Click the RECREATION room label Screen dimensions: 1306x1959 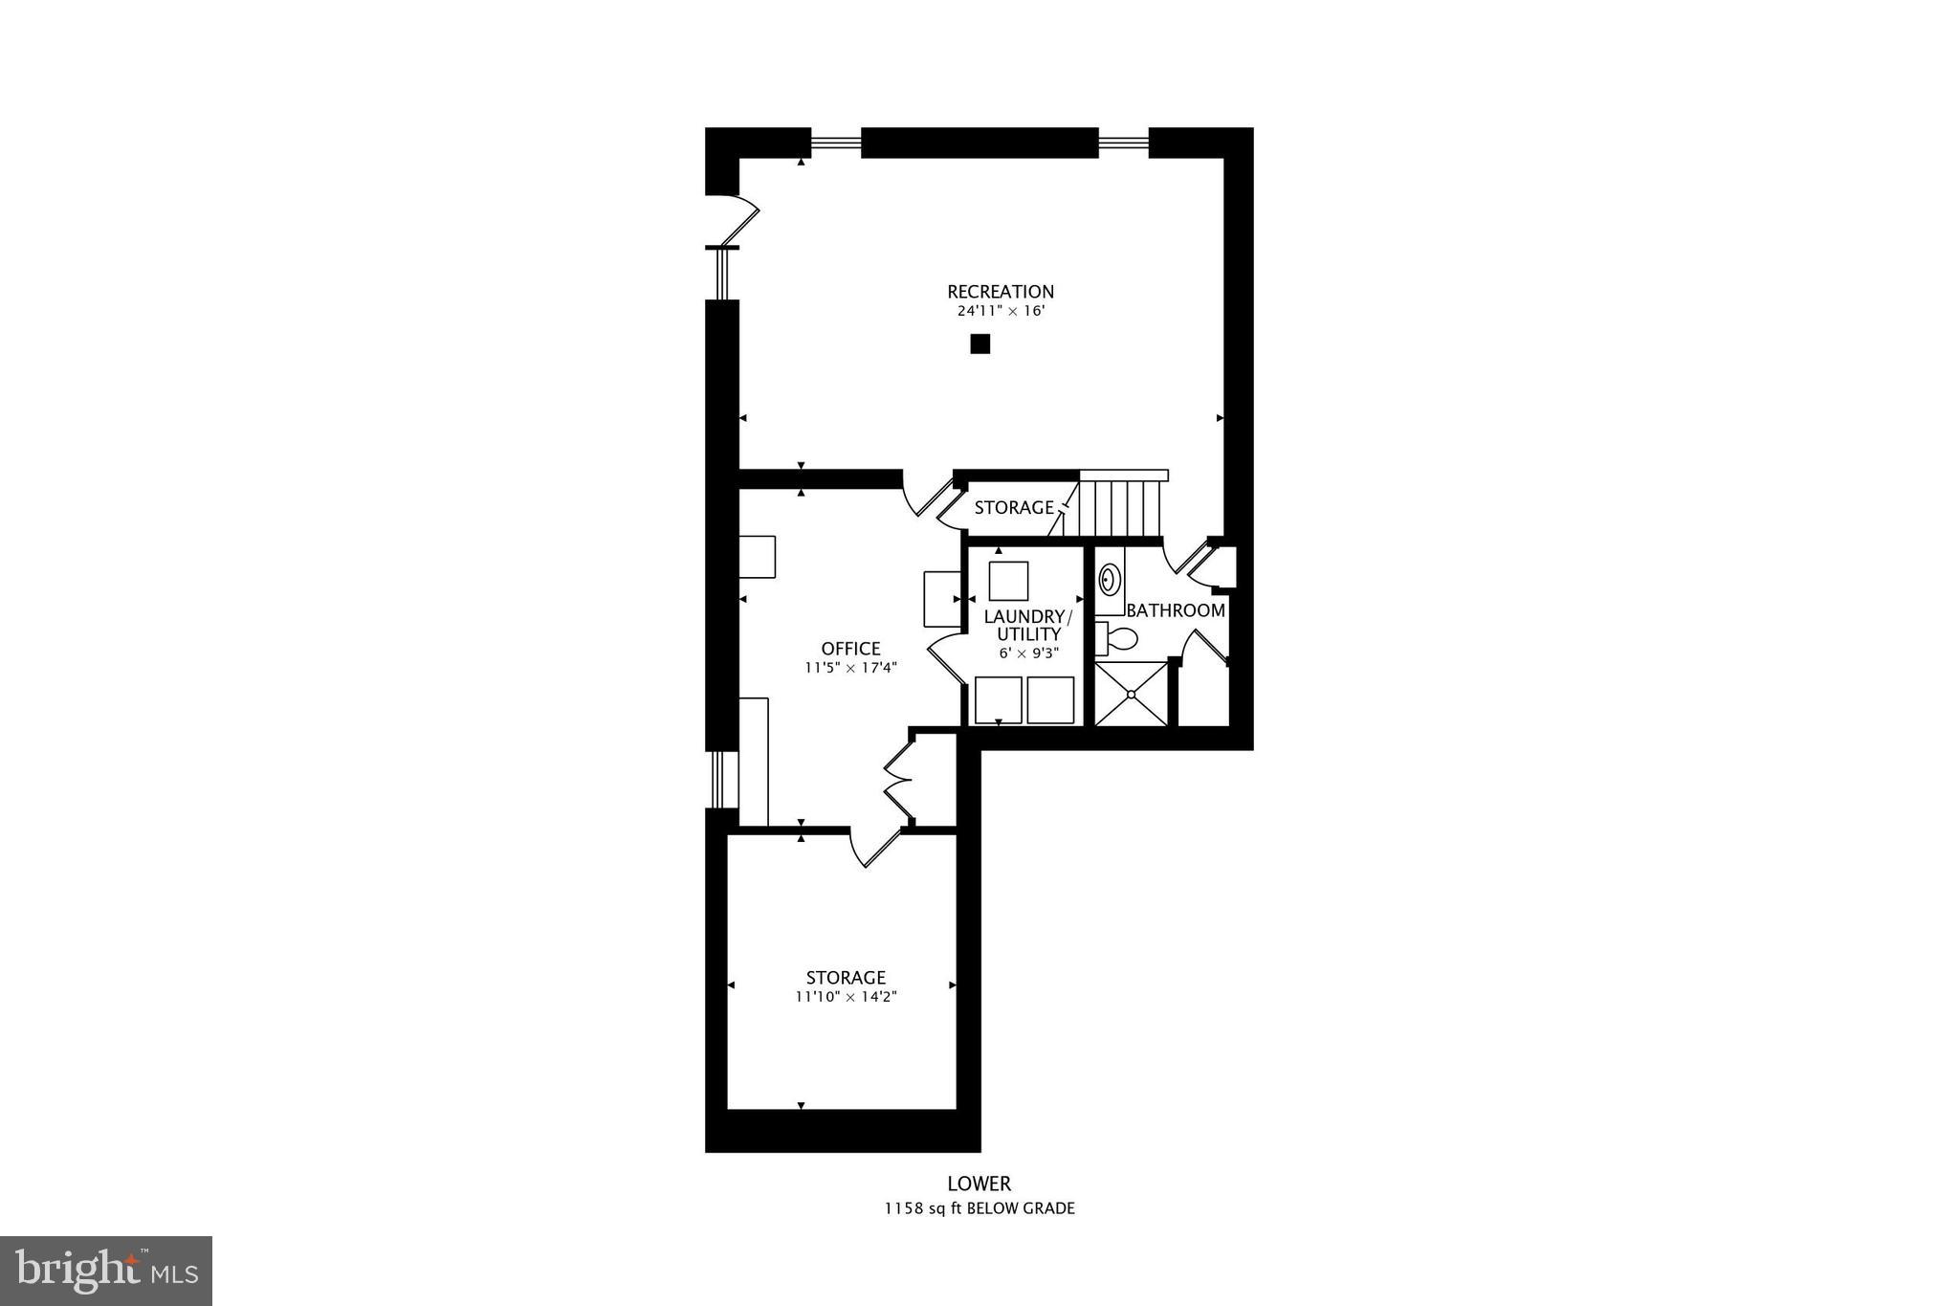pos(1000,292)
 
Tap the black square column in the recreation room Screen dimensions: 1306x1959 pos(979,344)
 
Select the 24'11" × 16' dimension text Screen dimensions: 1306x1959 pos(1000,312)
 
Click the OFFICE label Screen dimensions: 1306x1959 pos(850,649)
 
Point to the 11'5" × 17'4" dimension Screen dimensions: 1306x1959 pos(850,668)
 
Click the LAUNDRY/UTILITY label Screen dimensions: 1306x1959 pos(1028,625)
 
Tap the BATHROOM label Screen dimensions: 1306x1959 pos(1176,610)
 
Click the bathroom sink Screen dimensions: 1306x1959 pos(1110,580)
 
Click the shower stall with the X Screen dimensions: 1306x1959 pos(1132,694)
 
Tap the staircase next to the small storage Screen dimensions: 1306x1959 pos(1121,507)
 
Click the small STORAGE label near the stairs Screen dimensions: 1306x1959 pos(1013,508)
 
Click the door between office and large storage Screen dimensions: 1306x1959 pos(875,848)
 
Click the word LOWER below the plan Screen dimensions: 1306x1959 pos(979,1184)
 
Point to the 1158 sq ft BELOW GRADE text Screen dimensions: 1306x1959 pos(979,1208)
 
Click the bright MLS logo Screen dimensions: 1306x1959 pos(106,1272)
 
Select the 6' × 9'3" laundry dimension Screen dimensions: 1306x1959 pos(1028,653)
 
